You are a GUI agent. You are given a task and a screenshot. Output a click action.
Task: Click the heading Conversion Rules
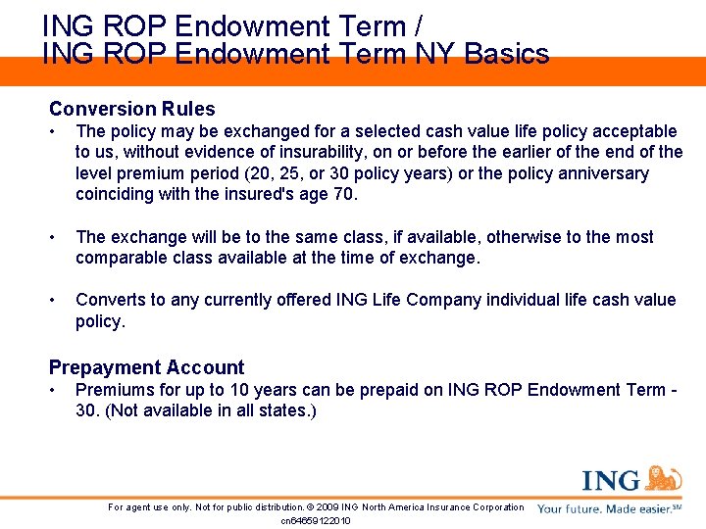pos(131,109)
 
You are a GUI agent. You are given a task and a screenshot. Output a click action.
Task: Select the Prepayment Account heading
pos(146,367)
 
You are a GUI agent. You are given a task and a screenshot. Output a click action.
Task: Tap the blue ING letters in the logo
pos(610,481)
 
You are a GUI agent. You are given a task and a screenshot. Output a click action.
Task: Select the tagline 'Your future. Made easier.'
pos(604,508)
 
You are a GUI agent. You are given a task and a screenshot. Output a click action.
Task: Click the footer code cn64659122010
pos(316,520)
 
